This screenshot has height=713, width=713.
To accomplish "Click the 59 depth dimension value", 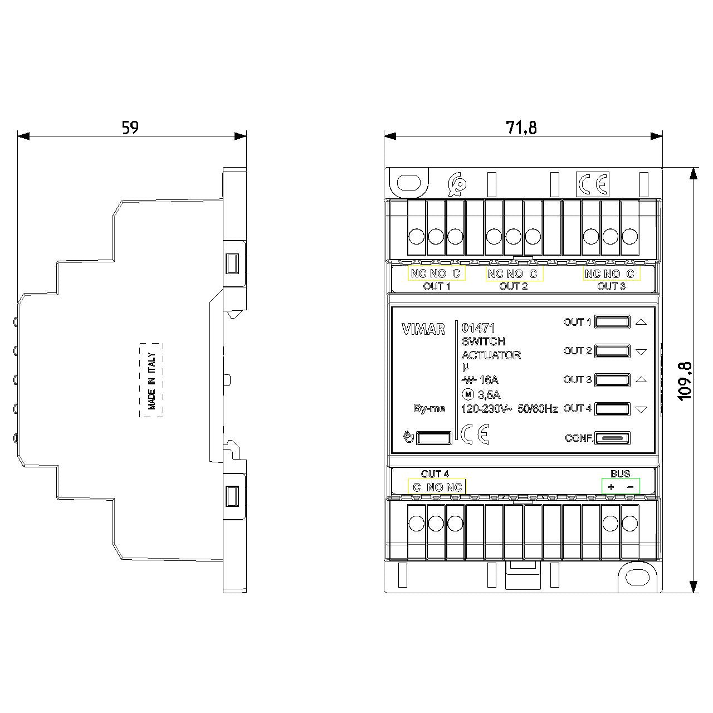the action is (130, 128).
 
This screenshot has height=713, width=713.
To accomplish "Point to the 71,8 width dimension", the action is (521, 128).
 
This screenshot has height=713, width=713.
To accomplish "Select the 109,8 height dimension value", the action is (685, 381).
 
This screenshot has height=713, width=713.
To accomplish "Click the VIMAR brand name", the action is (423, 329).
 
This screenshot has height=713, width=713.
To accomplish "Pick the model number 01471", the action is (478, 328).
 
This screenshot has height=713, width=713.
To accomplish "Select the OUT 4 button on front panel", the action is (612, 409).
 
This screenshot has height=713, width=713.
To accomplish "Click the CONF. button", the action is (612, 438).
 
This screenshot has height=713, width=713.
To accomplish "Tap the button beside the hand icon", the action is (434, 438).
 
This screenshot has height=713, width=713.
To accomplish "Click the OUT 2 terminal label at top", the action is (513, 286).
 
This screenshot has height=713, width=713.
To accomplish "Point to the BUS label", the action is (621, 473).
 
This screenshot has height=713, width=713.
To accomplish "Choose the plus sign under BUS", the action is (611, 487).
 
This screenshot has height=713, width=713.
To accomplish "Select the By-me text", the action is (429, 408).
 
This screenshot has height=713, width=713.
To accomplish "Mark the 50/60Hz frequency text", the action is (538, 409).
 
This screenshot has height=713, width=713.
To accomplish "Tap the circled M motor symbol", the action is (468, 395).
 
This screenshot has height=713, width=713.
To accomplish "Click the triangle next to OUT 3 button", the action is (641, 380).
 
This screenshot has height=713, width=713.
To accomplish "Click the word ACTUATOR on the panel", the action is (491, 355).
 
